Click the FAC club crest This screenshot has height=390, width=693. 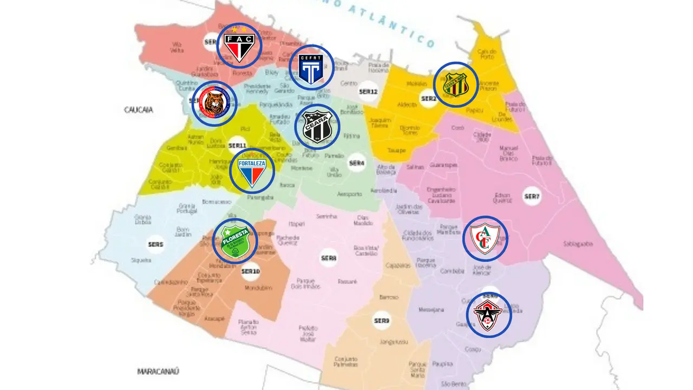239,45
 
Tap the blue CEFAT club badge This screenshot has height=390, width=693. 311,67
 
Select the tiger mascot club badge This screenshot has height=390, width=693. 214,103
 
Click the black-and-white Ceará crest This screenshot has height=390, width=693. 317,127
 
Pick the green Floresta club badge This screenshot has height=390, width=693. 234,242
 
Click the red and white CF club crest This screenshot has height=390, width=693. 485,238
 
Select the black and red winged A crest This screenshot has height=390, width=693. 489,314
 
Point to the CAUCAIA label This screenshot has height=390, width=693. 139,110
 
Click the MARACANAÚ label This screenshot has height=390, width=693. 158,372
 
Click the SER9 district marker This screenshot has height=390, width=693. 381,321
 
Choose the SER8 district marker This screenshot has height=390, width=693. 328,258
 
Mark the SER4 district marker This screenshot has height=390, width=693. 357,162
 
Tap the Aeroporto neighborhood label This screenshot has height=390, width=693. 349,194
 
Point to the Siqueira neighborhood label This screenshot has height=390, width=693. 141,261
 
